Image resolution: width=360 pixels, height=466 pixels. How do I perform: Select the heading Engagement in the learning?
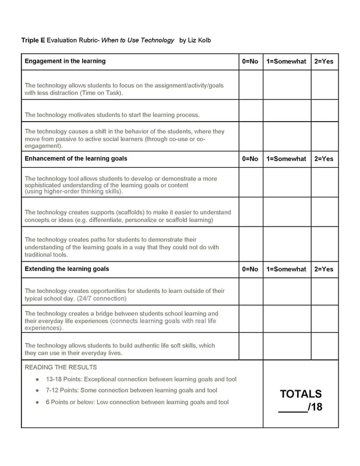coord(65,61)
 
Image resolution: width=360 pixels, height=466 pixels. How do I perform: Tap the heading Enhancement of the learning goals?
coord(76,158)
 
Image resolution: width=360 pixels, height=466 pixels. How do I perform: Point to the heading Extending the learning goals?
coord(67,269)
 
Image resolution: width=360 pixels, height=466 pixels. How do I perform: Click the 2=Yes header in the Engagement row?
coord(324,61)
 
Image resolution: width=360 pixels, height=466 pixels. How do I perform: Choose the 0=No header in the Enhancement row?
coord(250,158)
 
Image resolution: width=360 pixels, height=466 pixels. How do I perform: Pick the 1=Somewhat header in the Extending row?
coord(286,269)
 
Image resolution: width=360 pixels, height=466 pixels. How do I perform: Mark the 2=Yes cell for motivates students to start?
coord(324,111)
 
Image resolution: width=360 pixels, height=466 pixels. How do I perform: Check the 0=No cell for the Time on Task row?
coord(250,85)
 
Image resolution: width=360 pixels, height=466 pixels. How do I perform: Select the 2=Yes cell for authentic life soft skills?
coord(324,347)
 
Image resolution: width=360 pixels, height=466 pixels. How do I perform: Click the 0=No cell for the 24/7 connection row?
coord(250,292)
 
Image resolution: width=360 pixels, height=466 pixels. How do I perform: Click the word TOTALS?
coord(301,394)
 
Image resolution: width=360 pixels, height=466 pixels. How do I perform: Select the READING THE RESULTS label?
coord(61,368)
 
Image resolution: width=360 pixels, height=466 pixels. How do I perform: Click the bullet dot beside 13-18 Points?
coord(37,379)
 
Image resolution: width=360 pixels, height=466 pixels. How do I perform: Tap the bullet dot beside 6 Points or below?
coord(37,402)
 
